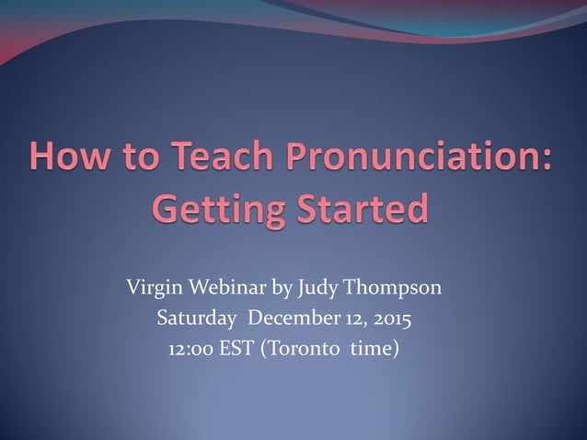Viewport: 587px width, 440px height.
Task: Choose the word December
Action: (x=292, y=320)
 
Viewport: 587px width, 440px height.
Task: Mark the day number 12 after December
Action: (x=351, y=320)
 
